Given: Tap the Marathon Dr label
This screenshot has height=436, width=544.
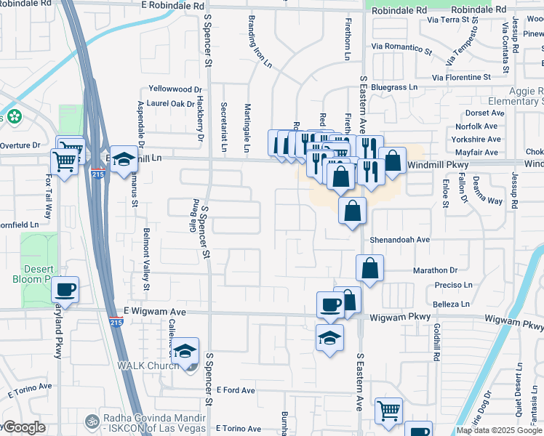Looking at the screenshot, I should click(x=435, y=270).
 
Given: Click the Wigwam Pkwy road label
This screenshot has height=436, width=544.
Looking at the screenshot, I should click(x=401, y=316).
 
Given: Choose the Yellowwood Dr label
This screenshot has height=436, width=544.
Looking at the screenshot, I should click(x=175, y=89).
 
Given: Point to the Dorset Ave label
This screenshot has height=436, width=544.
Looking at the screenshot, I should click(x=485, y=113).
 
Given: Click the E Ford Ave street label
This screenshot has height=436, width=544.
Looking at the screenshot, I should click(x=235, y=390).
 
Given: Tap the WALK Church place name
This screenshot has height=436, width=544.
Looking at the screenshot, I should click(x=150, y=365).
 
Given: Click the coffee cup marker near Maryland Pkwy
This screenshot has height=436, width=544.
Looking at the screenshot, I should click(x=65, y=289).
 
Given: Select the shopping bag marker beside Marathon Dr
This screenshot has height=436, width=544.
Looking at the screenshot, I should click(x=370, y=267).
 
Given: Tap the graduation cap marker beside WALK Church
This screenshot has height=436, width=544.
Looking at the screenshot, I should click(x=185, y=350).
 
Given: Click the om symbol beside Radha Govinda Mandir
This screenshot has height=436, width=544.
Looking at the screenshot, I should click(x=92, y=420).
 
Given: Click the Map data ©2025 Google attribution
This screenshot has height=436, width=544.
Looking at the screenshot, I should click(x=500, y=430).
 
